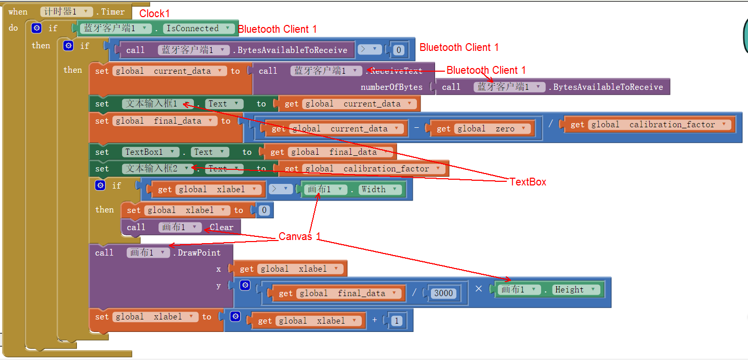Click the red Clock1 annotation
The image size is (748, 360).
pos(154,14)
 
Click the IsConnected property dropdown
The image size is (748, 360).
pos(199,29)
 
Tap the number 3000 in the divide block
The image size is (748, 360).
pos(443,294)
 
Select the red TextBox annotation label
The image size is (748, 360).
pos(528,182)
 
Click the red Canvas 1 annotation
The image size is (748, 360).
pos(299,236)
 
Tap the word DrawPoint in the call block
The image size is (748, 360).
pos(199,253)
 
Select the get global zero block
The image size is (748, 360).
pos(480,129)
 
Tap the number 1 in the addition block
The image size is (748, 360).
pos(397,321)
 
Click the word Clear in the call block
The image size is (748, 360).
pos(221,228)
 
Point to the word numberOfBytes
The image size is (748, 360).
pos(391,87)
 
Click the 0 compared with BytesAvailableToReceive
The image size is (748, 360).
pos(399,50)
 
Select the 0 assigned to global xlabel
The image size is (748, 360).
pos(264,210)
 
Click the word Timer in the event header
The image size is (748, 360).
pos(113,12)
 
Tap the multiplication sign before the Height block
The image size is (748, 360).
pos(479,289)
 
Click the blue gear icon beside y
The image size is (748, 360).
pos(245,285)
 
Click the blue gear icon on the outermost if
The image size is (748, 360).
pos(36,28)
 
